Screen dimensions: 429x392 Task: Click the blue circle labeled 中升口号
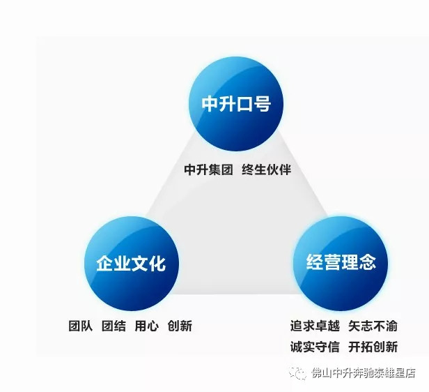(236, 104)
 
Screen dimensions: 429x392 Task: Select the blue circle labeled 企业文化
(132, 264)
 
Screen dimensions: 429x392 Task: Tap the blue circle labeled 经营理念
(341, 264)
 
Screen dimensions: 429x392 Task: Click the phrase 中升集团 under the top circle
(208, 169)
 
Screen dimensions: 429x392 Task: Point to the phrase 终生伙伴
(266, 169)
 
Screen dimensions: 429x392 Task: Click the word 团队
(81, 326)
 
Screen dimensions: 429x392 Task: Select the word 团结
(114, 326)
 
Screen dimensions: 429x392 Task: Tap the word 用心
(147, 326)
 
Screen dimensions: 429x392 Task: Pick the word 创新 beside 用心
(180, 326)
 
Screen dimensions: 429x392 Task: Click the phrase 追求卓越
(315, 326)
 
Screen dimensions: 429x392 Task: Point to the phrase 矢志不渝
(373, 326)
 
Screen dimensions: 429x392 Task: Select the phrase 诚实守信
(315, 347)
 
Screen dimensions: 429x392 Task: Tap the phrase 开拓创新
(373, 347)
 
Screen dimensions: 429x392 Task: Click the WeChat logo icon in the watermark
(298, 373)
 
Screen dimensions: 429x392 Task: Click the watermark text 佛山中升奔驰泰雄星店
(364, 373)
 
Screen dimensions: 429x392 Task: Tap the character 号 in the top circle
(262, 104)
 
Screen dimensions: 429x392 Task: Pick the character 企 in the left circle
(104, 263)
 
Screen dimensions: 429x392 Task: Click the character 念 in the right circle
(367, 262)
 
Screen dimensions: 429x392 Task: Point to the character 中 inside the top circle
(210, 104)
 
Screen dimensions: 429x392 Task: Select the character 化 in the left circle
(157, 263)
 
